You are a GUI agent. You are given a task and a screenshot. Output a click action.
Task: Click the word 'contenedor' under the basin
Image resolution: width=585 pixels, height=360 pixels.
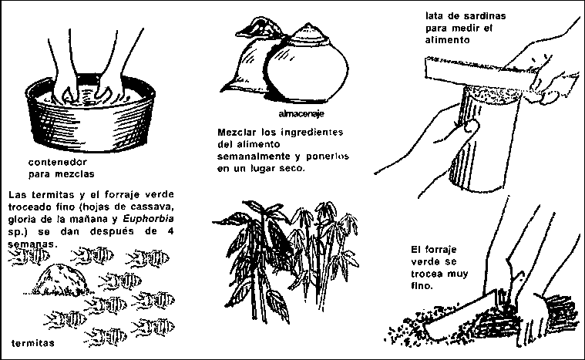[58, 163]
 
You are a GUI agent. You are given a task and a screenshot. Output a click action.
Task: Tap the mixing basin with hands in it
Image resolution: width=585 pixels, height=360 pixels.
[90, 114]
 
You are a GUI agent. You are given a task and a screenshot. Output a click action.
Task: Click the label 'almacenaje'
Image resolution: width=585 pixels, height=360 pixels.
[301, 114]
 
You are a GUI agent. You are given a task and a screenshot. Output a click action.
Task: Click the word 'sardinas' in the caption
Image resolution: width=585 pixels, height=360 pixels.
[485, 16]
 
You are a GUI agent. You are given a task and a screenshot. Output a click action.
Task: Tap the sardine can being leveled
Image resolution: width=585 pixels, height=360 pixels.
[485, 138]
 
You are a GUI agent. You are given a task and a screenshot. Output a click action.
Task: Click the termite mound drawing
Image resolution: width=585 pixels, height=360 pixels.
[59, 280]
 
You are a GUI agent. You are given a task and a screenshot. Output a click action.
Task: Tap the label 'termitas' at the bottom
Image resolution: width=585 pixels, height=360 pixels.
[33, 343]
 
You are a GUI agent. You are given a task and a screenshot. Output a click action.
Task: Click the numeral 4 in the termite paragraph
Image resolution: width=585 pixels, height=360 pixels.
[170, 231]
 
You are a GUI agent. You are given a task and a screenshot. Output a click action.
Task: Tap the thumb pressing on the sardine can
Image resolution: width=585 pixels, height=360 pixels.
[471, 126]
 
